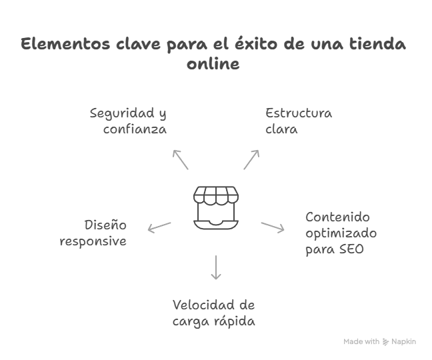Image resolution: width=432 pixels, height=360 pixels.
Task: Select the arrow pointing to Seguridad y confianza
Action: click(x=181, y=160)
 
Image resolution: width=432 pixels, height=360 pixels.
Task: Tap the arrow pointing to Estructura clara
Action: click(x=251, y=160)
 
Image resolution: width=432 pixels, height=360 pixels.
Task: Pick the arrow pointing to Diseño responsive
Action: click(x=159, y=227)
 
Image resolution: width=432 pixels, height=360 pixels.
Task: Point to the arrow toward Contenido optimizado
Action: click(x=272, y=227)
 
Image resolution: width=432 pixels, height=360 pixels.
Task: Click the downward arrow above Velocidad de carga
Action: click(x=215, y=267)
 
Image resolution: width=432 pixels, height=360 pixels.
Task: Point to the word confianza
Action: click(x=135, y=129)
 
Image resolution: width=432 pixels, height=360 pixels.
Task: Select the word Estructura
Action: click(x=299, y=113)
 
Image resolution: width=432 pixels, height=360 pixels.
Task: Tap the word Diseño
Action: click(x=105, y=225)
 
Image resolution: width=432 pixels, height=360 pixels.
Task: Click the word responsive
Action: click(x=93, y=241)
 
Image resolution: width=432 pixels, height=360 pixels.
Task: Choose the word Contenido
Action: click(x=338, y=217)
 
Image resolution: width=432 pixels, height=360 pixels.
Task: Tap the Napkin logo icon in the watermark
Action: click(x=386, y=341)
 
